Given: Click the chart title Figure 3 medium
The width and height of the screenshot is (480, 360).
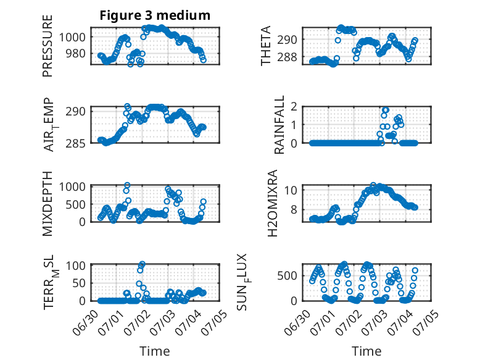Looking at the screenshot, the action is [155, 15].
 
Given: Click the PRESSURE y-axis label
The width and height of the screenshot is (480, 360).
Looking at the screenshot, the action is [48, 46].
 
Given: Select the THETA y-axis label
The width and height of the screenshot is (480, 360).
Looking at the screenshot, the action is [266, 46].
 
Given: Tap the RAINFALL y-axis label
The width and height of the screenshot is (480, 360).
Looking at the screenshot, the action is [279, 125].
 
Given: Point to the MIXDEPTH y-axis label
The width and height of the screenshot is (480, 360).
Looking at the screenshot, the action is [48, 204].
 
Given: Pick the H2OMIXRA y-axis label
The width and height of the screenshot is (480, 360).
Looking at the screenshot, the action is [272, 203].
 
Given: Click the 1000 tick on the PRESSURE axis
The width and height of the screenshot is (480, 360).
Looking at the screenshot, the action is [72, 38].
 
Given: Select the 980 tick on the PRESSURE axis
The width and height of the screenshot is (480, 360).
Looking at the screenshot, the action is [76, 54].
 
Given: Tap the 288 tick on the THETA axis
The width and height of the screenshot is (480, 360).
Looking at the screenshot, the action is [287, 57].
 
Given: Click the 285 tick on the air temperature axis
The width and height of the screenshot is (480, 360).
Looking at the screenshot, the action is [76, 143].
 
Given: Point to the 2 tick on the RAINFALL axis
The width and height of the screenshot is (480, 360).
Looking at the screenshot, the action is [294, 107].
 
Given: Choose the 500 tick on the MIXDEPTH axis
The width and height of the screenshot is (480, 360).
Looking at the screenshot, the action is [76, 204].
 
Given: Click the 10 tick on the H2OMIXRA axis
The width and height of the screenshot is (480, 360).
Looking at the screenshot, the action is [291, 190].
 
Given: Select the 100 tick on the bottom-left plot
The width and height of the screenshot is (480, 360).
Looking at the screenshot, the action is [76, 266].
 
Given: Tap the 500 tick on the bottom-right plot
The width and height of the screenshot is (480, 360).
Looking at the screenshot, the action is [287, 276].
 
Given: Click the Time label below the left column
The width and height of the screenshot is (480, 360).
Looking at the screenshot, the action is [155, 351].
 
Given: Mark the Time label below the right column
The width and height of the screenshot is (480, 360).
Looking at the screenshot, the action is [366, 351].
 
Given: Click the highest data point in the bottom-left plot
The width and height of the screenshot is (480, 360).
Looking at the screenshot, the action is [142, 264].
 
